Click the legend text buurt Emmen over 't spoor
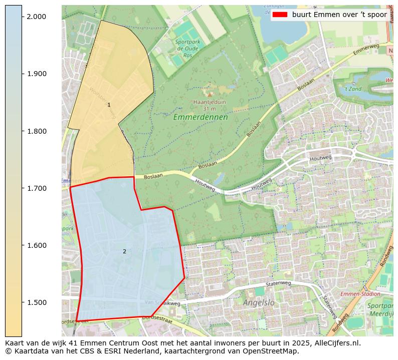pyautogui.click(x=339, y=15)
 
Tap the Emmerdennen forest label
pyautogui.click(x=201, y=118)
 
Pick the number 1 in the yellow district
pyautogui.click(x=109, y=105)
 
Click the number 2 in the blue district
pyautogui.click(x=124, y=251)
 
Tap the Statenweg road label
pyautogui.click(x=278, y=284)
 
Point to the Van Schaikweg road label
pyautogui.click(x=162, y=303)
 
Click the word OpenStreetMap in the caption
pyautogui.click(x=274, y=351)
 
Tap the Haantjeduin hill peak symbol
pyautogui.click(x=209, y=94)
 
